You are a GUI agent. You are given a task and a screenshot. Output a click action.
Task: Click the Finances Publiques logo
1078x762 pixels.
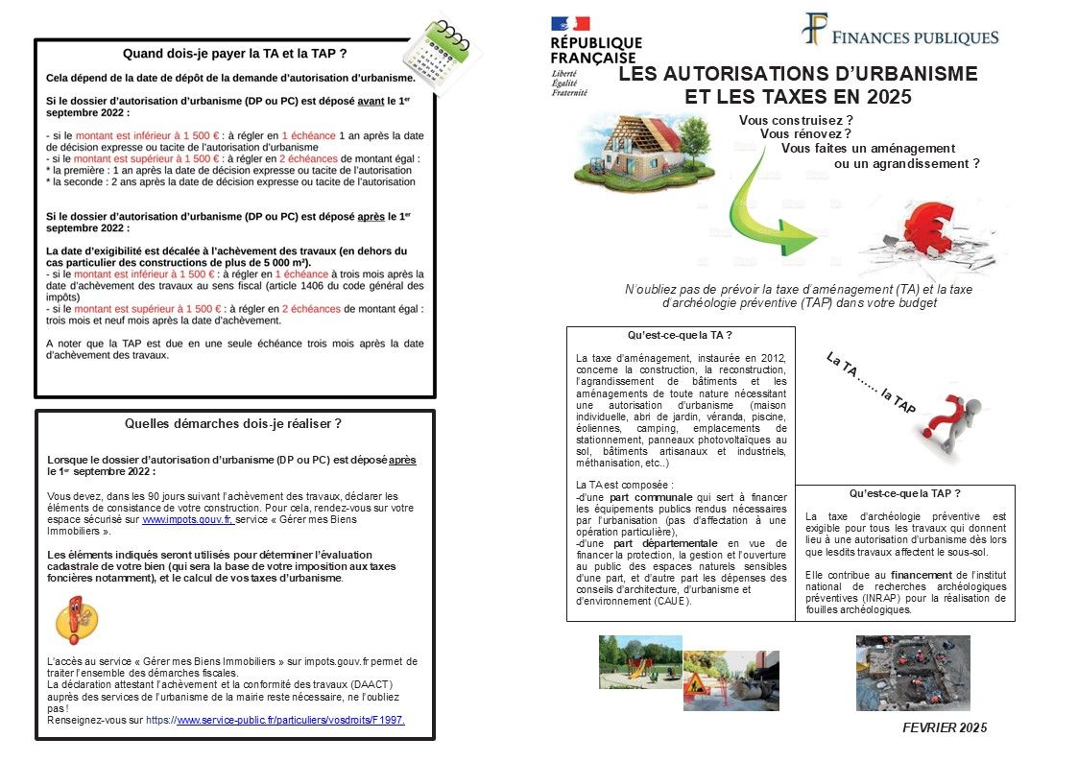899,34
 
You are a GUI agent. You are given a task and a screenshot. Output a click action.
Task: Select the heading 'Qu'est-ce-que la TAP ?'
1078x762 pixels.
904,493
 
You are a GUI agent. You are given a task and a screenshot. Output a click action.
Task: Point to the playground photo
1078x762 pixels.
640,662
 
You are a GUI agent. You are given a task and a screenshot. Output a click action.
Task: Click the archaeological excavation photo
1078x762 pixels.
912,672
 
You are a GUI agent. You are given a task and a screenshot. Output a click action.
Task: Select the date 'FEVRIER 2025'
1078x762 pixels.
945,727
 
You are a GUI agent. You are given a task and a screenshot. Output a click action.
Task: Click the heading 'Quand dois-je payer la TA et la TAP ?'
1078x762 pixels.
235,53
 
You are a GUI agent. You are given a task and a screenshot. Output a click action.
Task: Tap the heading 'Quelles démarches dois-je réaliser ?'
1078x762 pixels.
233,423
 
